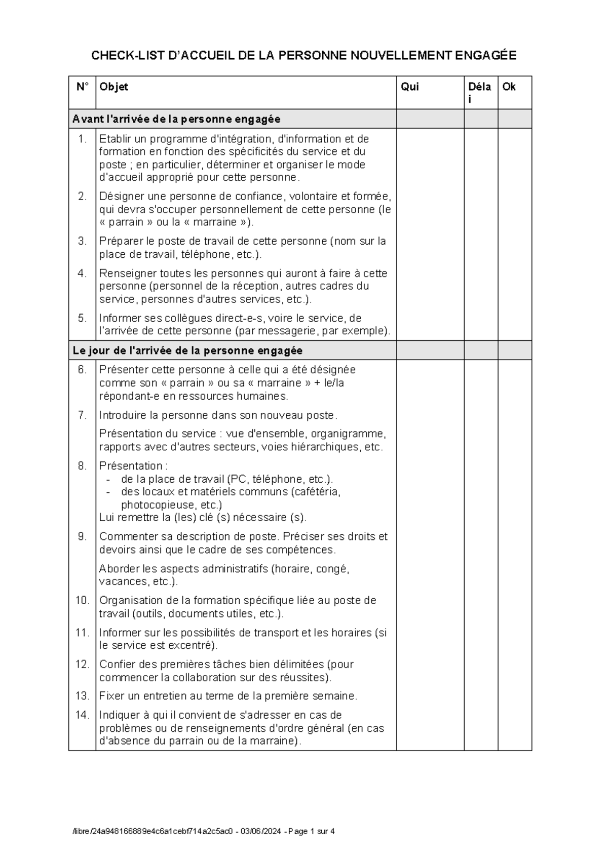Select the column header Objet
pyautogui.click(x=113, y=87)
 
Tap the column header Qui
pyautogui.click(x=409, y=87)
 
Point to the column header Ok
pyautogui.click(x=509, y=87)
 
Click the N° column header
pyautogui.click(x=82, y=87)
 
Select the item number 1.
pyautogui.click(x=83, y=139)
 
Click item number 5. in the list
pyautogui.click(x=83, y=318)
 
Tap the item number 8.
pyautogui.click(x=83, y=466)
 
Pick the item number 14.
pyautogui.click(x=82, y=715)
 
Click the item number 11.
pyautogui.click(x=82, y=633)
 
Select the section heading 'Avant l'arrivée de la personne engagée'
pyautogui.click(x=176, y=120)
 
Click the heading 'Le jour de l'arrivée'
pyautogui.click(x=187, y=350)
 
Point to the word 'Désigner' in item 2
pyautogui.click(x=119, y=197)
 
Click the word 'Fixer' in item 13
pyautogui.click(x=111, y=696)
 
